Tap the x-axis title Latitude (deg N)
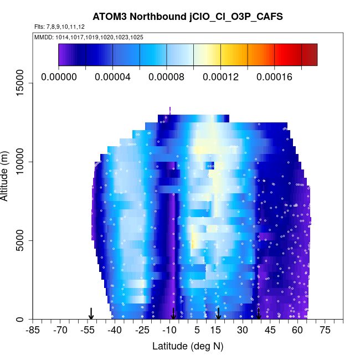pos(188,346)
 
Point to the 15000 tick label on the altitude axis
pos(20,83)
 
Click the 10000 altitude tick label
pos(20,162)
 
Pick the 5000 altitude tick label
pos(20,240)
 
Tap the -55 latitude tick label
pos(87,330)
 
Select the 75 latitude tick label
pos(325,330)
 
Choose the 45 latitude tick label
pos(270,330)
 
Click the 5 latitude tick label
pos(197,330)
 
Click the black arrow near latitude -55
pos(91,313)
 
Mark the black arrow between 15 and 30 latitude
pos(219,313)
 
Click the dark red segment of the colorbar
pos(310,55)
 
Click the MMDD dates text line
pos(89,37)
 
